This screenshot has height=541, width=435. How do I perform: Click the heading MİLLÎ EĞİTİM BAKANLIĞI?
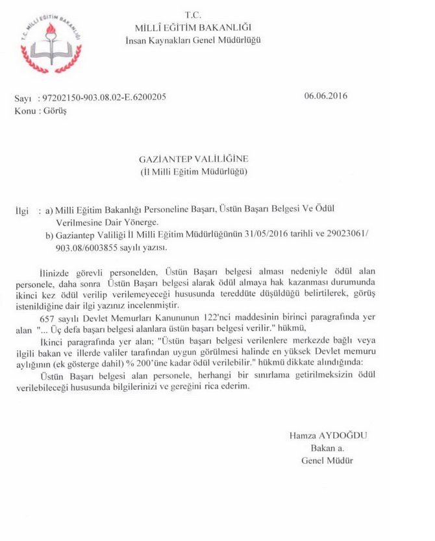point(193,27)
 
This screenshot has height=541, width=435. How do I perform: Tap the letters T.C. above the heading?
point(193,14)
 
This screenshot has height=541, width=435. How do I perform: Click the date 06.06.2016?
point(326,97)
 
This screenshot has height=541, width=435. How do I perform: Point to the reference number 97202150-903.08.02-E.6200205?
point(105,97)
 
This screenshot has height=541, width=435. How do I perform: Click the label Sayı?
point(23,97)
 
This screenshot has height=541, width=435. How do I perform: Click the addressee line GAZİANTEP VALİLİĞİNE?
point(194,159)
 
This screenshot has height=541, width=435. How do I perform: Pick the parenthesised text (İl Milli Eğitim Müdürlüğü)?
point(194,172)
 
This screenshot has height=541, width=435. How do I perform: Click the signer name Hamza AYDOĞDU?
point(329,436)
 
